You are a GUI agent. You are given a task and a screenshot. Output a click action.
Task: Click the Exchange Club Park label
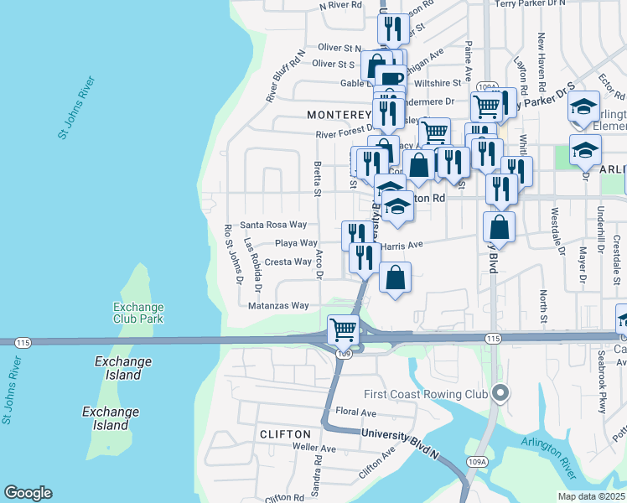click(139, 313)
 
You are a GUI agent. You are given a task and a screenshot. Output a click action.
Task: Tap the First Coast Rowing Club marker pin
click(501, 392)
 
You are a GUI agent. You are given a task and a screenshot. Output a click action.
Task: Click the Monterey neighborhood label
click(339, 114)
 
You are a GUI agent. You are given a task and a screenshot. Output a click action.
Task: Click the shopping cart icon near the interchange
click(344, 329)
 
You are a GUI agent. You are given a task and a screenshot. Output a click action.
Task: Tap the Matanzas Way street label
click(278, 306)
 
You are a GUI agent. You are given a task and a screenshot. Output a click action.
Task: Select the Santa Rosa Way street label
click(273, 225)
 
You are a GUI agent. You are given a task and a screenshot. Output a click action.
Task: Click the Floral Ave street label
click(355, 412)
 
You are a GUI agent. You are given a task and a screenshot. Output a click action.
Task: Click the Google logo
click(28, 493)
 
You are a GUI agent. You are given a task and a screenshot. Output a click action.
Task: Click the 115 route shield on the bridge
click(23, 342)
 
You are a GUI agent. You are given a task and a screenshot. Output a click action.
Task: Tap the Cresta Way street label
click(288, 262)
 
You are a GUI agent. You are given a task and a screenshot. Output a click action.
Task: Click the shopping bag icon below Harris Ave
click(396, 277)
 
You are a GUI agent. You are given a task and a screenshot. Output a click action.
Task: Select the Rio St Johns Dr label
click(232, 266)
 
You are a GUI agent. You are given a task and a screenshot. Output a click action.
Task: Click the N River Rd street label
click(340, 5)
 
